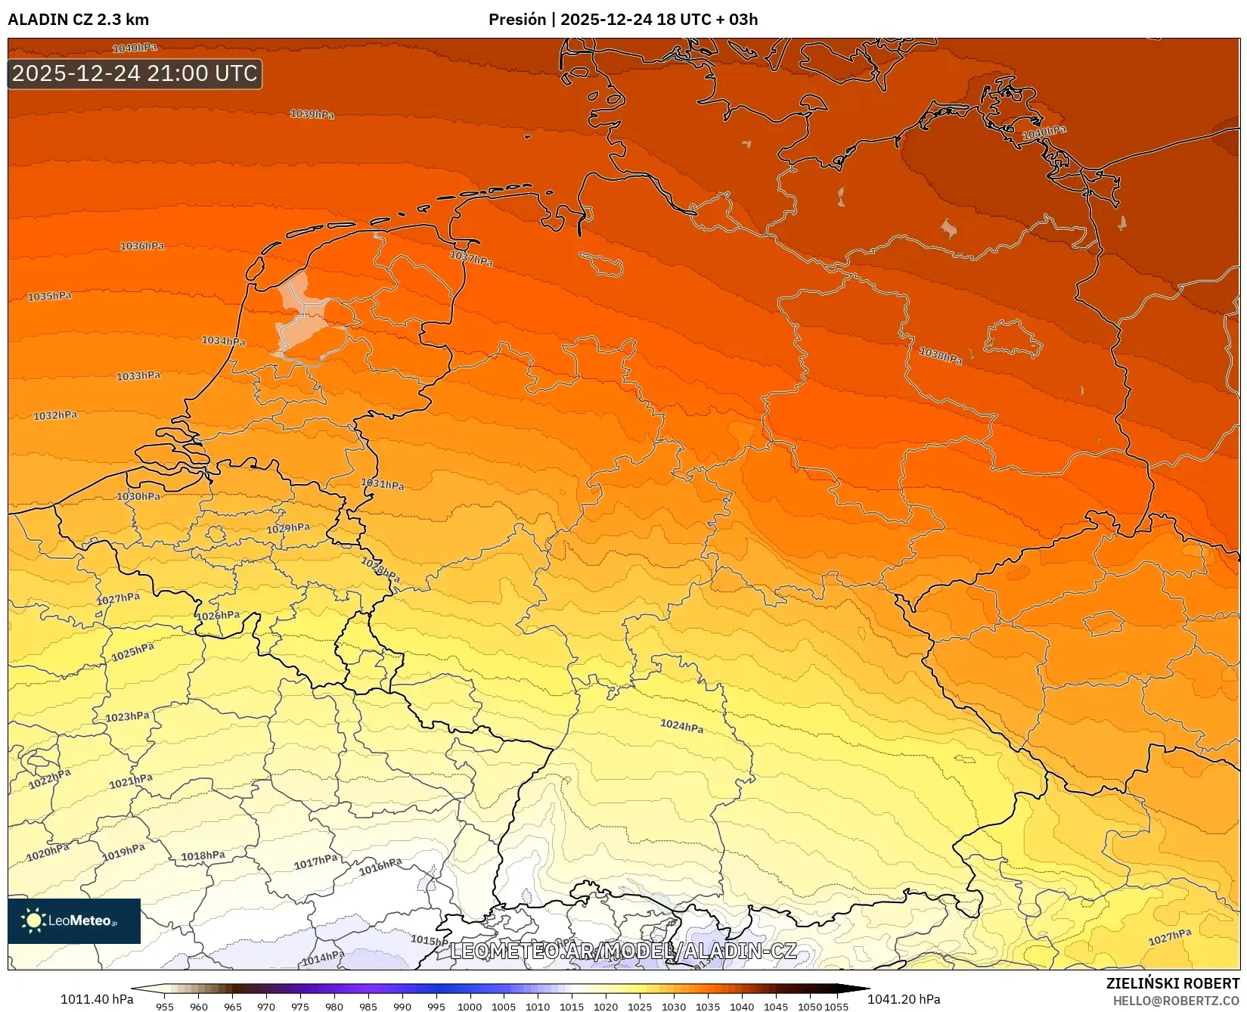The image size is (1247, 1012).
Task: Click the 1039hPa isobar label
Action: (x=312, y=114)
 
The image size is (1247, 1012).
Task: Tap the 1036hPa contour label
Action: (x=142, y=246)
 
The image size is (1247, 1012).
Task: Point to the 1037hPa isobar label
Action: (x=471, y=258)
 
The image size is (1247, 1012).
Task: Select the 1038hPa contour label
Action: (x=941, y=355)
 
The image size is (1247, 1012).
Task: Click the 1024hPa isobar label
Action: (x=681, y=726)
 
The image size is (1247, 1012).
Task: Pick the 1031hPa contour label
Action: (x=382, y=484)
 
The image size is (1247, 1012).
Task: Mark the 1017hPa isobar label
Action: (x=315, y=861)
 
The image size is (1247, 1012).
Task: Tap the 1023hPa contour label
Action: (x=127, y=716)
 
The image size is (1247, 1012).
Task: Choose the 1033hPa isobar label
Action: (x=138, y=376)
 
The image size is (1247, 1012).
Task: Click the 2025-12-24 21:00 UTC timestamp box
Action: (x=135, y=73)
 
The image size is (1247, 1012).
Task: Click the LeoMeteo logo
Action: (x=74, y=920)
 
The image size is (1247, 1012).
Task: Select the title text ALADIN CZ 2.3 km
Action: (x=78, y=20)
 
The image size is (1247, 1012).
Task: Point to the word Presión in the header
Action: (x=516, y=20)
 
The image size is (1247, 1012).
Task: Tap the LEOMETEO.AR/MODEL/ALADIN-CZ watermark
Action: (x=623, y=951)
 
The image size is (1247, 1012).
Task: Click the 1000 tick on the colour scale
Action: (x=470, y=1006)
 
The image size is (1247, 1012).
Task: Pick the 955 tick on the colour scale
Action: (x=165, y=1006)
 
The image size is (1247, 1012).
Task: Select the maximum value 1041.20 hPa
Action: (x=904, y=999)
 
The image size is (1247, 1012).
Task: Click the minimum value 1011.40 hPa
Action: (x=97, y=999)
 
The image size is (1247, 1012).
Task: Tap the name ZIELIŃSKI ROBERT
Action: (x=1173, y=983)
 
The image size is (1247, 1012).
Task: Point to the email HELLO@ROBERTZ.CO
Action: (x=1176, y=1001)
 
